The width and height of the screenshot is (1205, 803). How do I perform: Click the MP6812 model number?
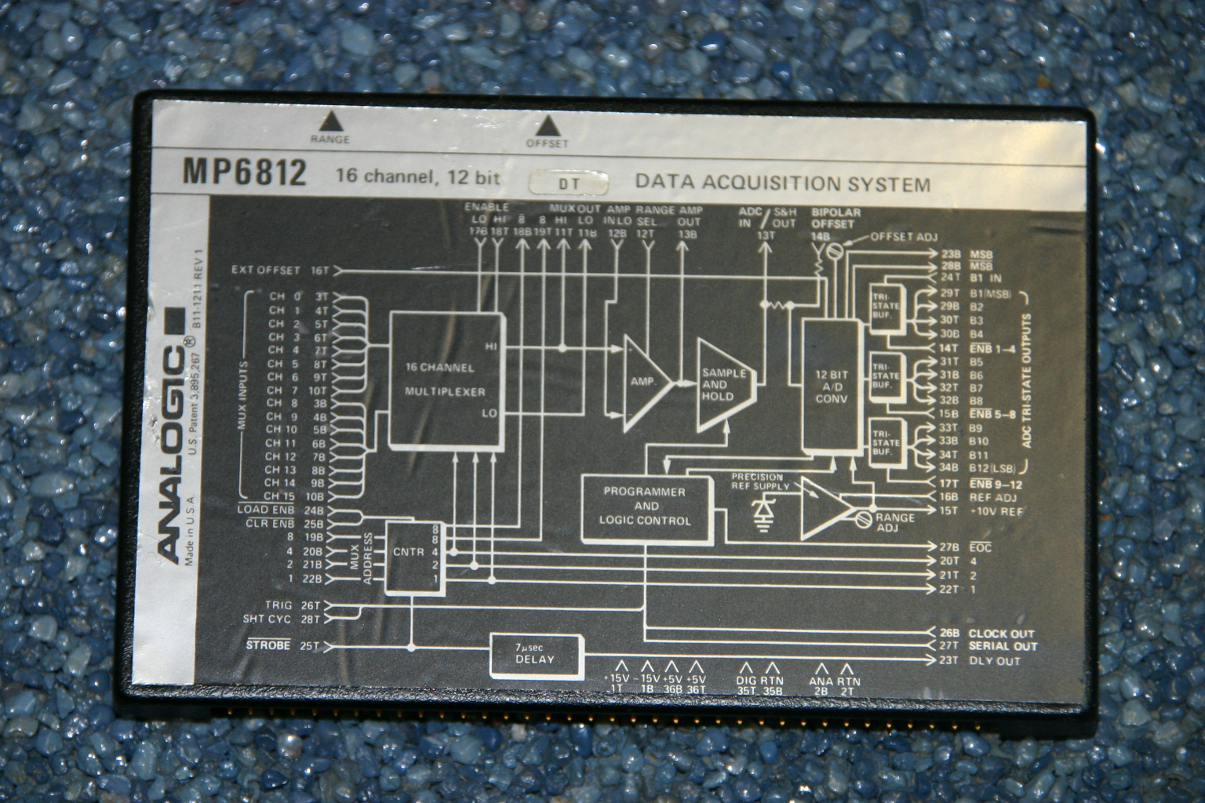244,173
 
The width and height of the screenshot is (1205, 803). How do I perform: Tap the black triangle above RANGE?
330,121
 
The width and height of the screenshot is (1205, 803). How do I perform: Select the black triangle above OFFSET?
547,125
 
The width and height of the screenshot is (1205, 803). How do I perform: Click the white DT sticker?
569,182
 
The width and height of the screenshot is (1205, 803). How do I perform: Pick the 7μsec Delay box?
536,654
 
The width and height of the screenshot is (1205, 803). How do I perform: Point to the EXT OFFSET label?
267,271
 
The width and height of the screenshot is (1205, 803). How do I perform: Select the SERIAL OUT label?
1003,647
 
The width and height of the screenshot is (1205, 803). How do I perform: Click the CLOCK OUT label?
1001,633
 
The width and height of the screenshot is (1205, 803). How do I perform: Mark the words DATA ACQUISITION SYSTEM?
782,184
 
